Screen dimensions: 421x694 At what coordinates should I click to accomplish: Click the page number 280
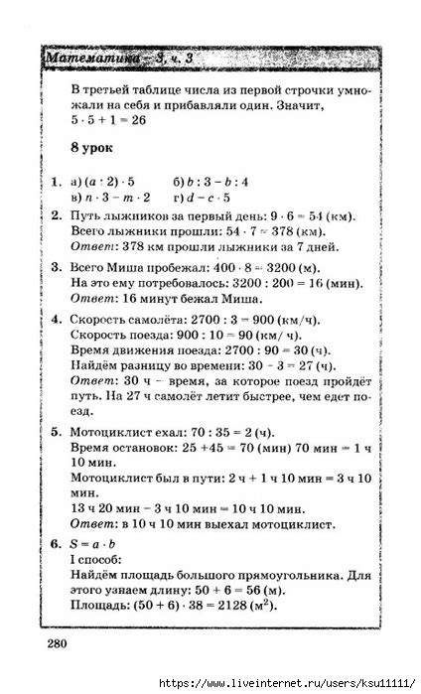[54, 644]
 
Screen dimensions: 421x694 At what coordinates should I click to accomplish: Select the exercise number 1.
[56, 183]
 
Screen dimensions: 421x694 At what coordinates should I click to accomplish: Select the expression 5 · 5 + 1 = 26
[109, 119]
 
